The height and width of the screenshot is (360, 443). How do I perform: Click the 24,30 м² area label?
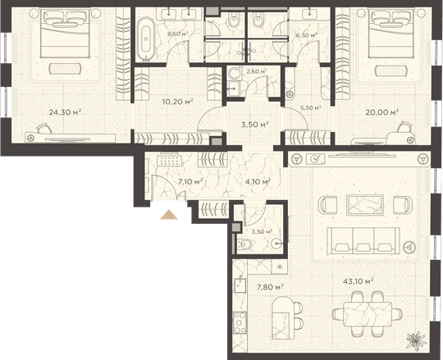click(x=65, y=112)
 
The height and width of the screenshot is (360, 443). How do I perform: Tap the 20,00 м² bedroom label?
click(x=382, y=112)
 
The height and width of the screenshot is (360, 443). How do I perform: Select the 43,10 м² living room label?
click(x=359, y=281)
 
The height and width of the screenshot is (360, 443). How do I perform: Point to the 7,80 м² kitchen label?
click(x=270, y=288)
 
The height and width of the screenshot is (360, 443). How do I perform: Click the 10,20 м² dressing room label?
click(x=178, y=102)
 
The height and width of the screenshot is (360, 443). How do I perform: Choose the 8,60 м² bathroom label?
click(x=178, y=34)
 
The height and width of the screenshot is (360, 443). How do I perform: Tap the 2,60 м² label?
click(x=257, y=71)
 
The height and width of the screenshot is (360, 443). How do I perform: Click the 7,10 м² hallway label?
click(x=190, y=181)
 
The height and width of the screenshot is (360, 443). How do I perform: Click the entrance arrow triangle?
click(x=169, y=215)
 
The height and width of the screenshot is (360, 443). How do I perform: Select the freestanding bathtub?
click(x=146, y=39)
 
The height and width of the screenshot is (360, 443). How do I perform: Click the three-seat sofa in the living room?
click(x=363, y=240)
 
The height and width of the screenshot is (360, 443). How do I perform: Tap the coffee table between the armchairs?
click(x=365, y=205)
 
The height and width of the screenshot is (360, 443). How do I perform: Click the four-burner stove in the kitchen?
click(x=240, y=323)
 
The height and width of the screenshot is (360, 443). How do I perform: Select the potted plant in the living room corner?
click(x=416, y=341)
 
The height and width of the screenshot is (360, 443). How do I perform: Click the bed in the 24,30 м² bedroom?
click(x=66, y=34)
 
